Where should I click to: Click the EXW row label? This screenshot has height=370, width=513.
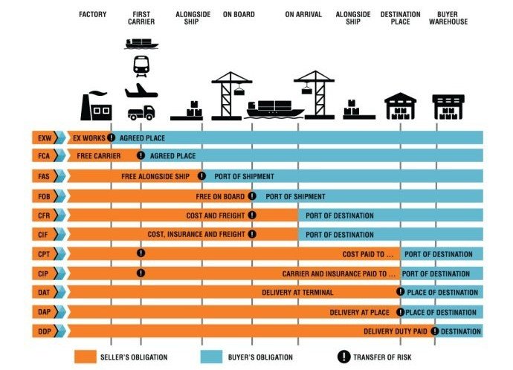pyautogui.click(x=45, y=138)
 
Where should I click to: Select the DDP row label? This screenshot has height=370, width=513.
pyautogui.click(x=45, y=331)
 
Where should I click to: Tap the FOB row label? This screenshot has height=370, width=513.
pyautogui.click(x=44, y=196)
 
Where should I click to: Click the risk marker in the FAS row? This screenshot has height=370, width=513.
pyautogui.click(x=202, y=176)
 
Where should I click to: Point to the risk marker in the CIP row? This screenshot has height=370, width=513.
pyautogui.click(x=141, y=273)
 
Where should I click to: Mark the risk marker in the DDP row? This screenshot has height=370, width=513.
pyautogui.click(x=434, y=331)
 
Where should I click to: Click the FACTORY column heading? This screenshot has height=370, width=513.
pyautogui.click(x=93, y=14)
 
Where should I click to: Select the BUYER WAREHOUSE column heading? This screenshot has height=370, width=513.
pyautogui.click(x=448, y=18)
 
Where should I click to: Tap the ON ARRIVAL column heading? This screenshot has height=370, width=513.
pyautogui.click(x=303, y=14)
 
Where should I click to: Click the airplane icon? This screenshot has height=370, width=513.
pyautogui.click(x=141, y=91)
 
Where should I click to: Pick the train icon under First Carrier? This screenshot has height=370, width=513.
pyautogui.click(x=141, y=66)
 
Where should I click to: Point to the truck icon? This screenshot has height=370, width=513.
pyautogui.click(x=141, y=113)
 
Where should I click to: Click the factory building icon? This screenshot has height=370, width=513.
pyautogui.click(x=96, y=106)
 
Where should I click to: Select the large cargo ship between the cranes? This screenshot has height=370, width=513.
pyautogui.click(x=275, y=109)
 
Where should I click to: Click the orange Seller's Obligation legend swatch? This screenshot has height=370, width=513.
pyautogui.click(x=85, y=357)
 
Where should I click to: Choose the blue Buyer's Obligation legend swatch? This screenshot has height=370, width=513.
pyautogui.click(x=211, y=357)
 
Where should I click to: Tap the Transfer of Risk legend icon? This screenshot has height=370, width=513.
pyautogui.click(x=343, y=357)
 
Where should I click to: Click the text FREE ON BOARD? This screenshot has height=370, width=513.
pyautogui.click(x=220, y=196)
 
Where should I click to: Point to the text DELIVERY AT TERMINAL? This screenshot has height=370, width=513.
pyautogui.click(x=297, y=293)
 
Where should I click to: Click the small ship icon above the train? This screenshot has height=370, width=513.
pyautogui.click(x=141, y=44)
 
